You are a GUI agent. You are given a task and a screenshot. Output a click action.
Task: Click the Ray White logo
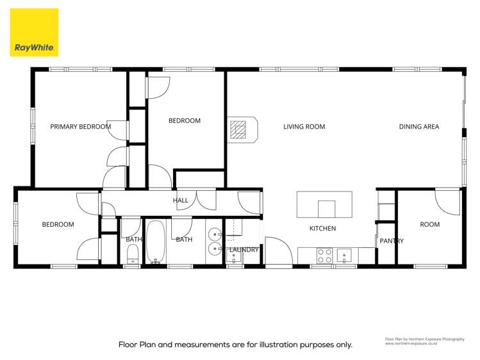tap(34, 32)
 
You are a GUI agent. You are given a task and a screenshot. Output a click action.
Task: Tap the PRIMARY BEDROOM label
tap(80, 127)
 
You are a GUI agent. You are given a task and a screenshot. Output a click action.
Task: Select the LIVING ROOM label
tap(304, 127)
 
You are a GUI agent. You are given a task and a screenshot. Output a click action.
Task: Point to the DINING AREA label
tap(418, 127)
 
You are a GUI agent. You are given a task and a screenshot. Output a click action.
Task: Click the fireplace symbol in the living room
tap(242, 129)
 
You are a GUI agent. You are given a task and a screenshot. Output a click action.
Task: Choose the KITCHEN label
tap(322, 229)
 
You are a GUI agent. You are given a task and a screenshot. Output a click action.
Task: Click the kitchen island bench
tap(324, 205)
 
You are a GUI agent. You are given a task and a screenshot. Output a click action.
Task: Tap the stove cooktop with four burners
tap(325, 256)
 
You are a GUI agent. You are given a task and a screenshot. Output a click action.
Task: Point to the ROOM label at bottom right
tap(429, 225)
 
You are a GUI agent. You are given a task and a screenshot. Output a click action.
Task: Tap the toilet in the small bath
tap(132, 256)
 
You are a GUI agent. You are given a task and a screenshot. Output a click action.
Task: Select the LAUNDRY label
tap(244, 250)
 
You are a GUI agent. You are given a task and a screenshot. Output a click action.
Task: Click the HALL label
tap(180, 200)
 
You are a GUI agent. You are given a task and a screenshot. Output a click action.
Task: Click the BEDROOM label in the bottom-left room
tap(58, 225)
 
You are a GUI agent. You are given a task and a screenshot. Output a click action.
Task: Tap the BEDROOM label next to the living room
tap(184, 120)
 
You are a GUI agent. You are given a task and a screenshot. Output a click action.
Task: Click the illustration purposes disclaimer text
tap(235, 344)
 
